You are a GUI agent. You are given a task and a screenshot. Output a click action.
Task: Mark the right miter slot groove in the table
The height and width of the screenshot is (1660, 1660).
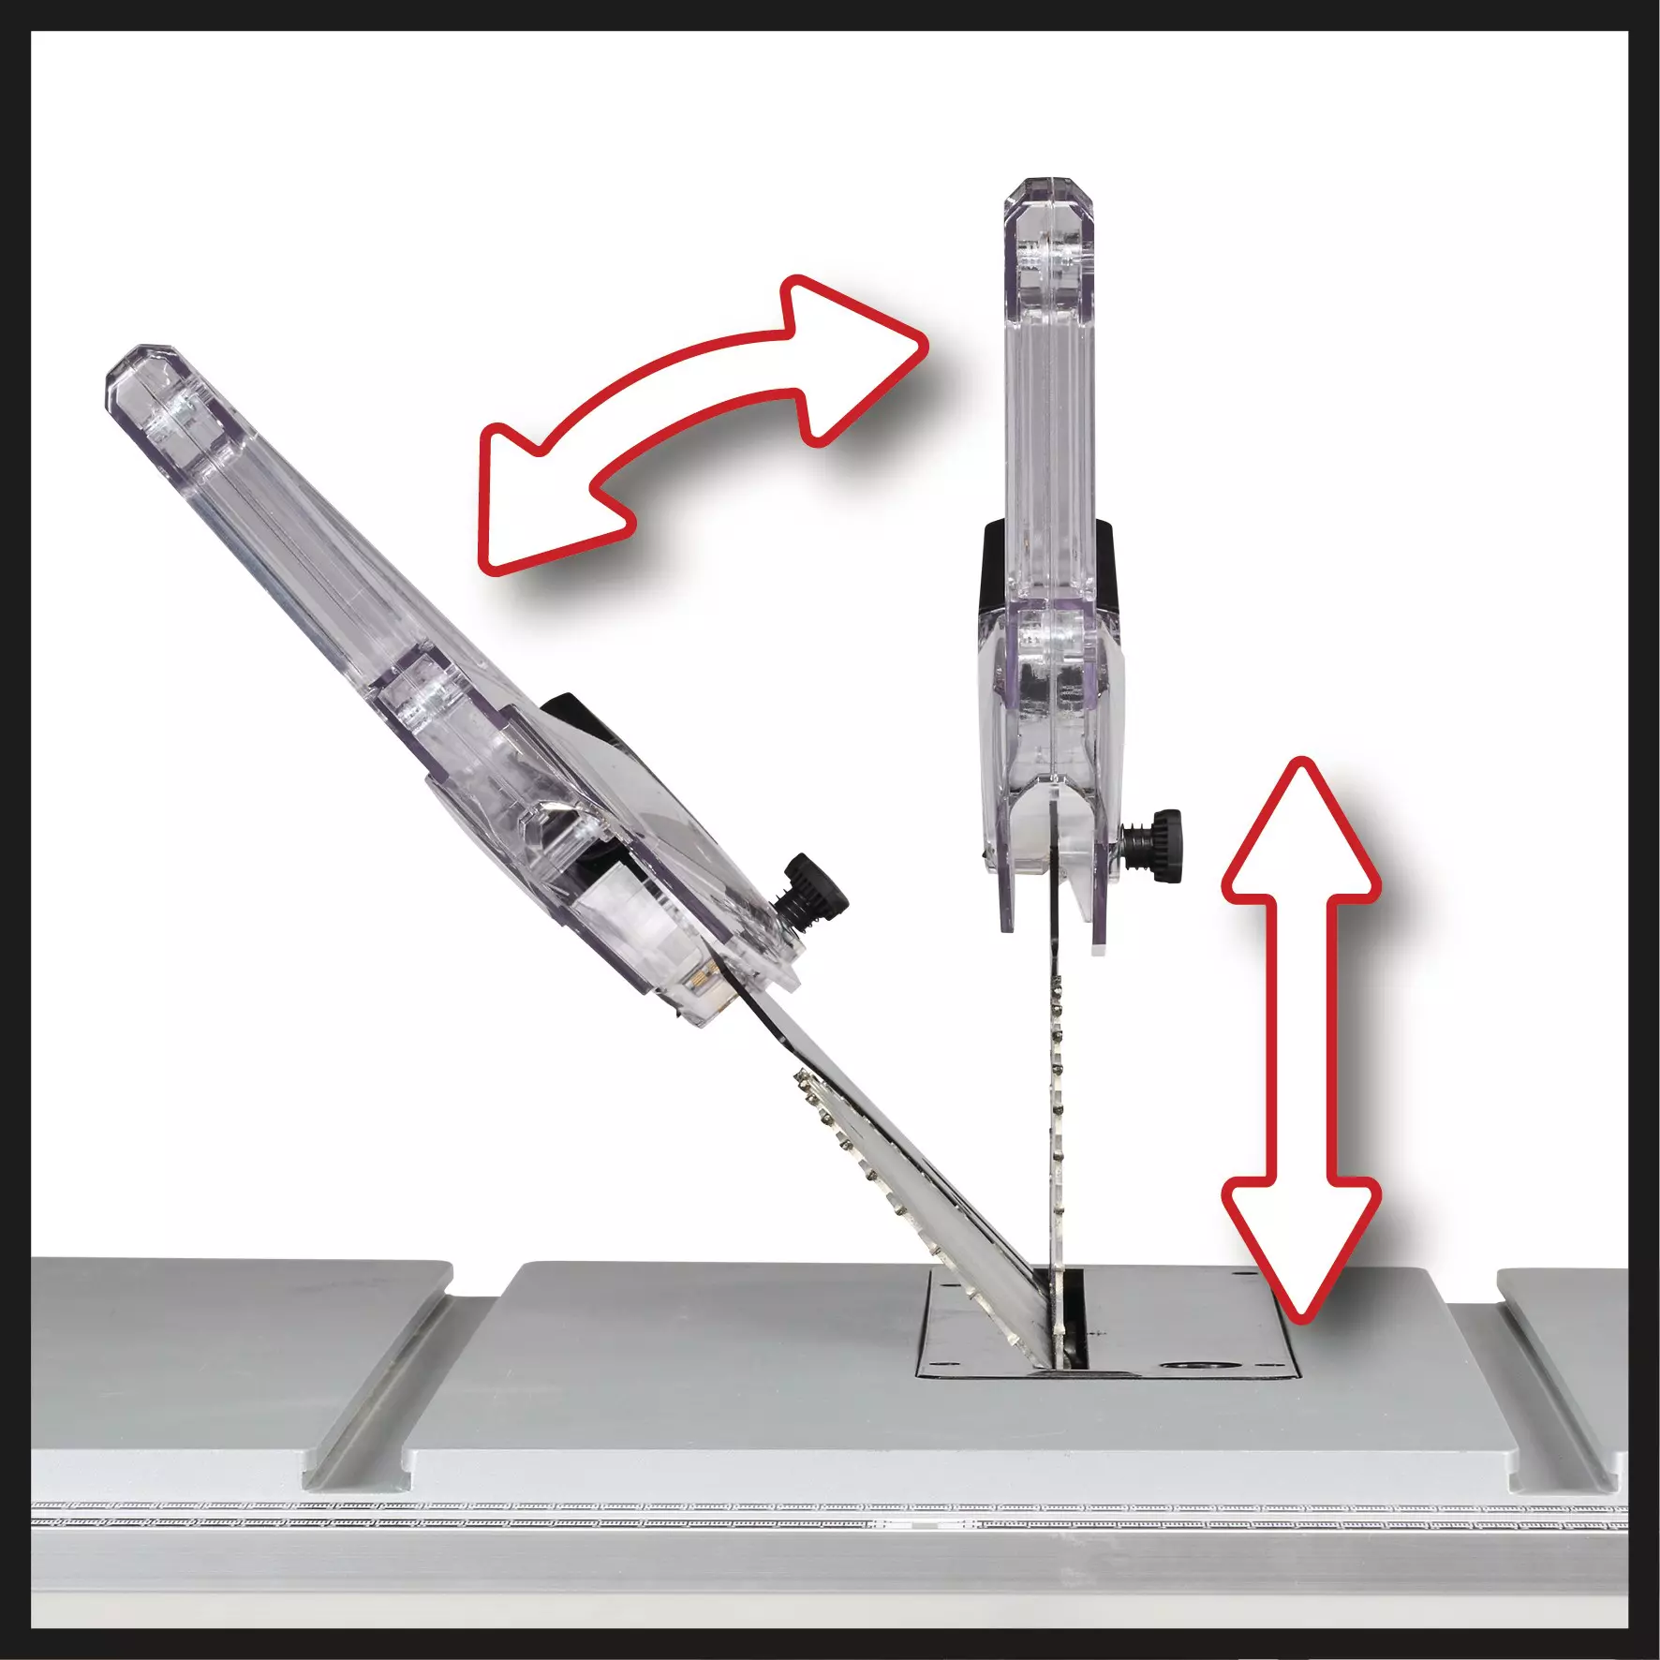point(1555,1386)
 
